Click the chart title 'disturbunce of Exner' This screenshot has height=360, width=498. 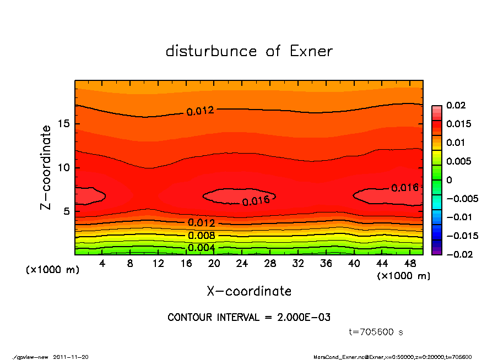click(249, 51)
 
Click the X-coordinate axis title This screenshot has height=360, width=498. click(249, 291)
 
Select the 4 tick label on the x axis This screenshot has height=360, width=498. click(102, 264)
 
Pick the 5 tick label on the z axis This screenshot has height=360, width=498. click(67, 211)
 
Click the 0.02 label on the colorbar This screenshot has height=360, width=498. click(456, 105)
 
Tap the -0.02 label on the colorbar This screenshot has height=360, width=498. click(458, 254)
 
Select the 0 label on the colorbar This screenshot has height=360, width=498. click(450, 180)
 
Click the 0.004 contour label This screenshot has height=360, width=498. click(201, 248)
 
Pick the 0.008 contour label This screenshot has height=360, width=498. click(201, 236)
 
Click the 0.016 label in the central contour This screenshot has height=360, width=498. click(256, 201)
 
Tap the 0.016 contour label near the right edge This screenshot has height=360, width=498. click(405, 188)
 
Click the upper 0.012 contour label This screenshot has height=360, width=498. click(199, 111)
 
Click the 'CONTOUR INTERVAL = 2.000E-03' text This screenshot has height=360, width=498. click(249, 318)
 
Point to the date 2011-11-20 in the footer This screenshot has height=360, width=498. click(71, 357)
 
